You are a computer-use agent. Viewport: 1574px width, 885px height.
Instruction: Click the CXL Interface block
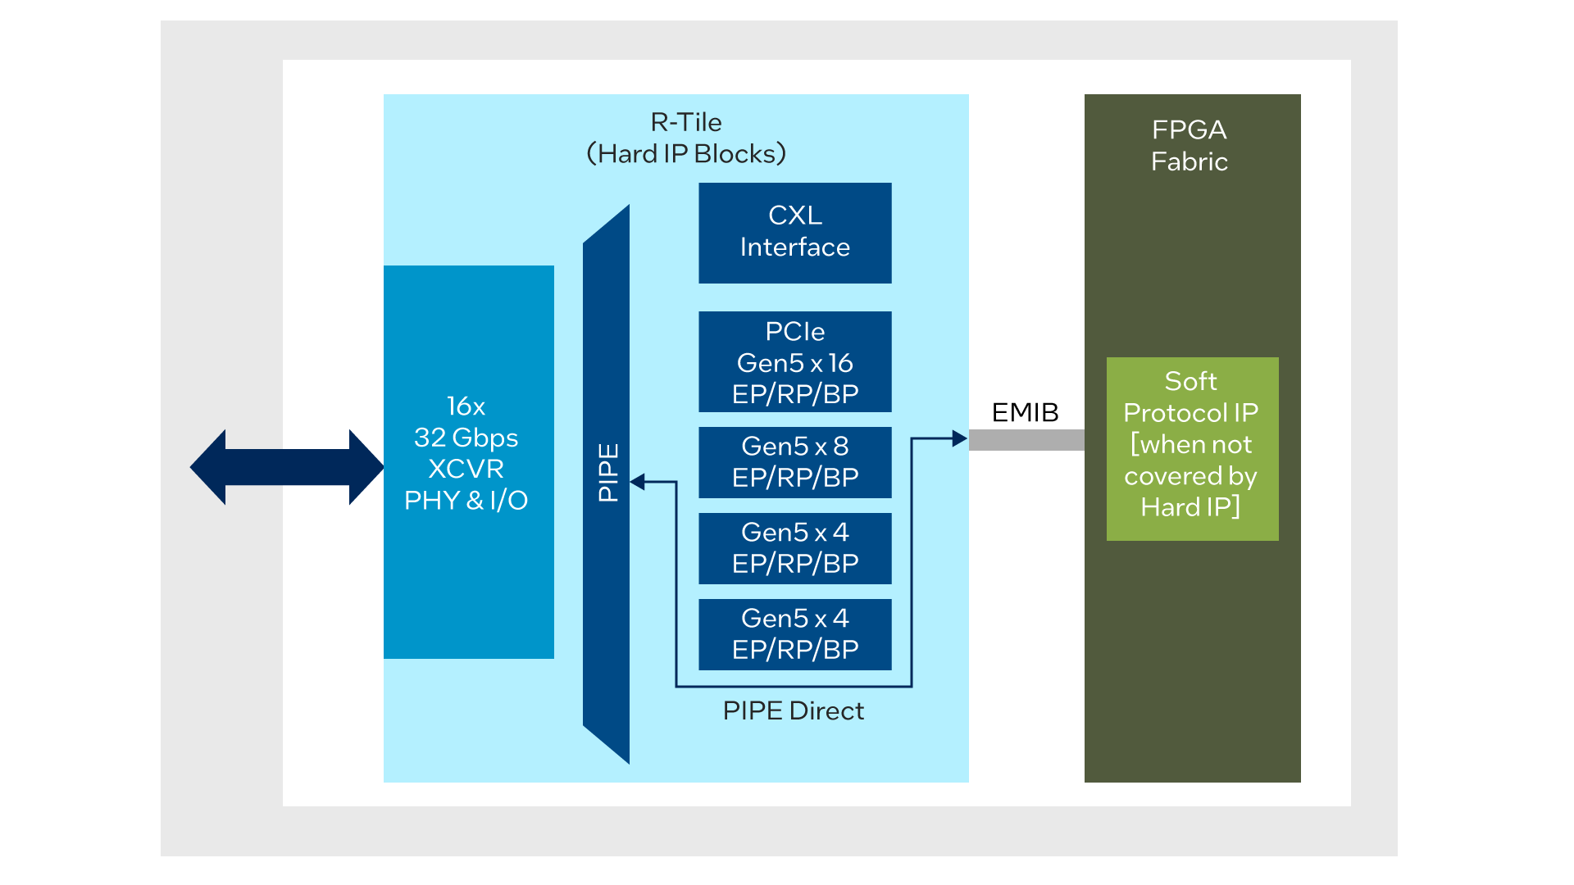(x=794, y=233)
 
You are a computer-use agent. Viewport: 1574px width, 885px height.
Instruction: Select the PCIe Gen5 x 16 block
(x=794, y=361)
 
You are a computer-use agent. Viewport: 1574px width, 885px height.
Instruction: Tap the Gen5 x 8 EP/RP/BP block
(x=794, y=462)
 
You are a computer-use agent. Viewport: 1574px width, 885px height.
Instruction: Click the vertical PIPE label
(x=607, y=473)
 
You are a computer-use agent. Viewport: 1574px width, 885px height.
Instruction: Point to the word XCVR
(x=466, y=469)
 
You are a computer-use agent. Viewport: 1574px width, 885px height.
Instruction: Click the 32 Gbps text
(x=466, y=438)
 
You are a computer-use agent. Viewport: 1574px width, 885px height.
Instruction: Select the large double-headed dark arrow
(x=287, y=467)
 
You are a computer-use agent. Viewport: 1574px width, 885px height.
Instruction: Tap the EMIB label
(x=1025, y=412)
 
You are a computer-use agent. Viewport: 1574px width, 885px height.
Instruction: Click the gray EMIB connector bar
(x=1026, y=440)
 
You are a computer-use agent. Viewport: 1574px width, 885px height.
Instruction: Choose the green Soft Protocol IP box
(x=1192, y=449)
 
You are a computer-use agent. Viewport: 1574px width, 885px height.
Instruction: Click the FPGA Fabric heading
(x=1189, y=145)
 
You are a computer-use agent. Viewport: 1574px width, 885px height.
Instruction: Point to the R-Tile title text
(x=686, y=122)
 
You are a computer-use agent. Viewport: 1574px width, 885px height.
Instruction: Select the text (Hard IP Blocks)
(x=686, y=154)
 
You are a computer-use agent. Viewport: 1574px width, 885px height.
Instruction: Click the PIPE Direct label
(x=793, y=710)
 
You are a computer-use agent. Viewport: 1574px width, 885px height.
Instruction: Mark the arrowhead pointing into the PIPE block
(x=638, y=482)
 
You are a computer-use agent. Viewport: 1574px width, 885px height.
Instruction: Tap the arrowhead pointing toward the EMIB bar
(x=959, y=438)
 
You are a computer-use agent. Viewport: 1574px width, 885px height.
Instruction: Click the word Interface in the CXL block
(x=794, y=247)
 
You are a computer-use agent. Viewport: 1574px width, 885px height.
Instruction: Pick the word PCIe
(x=794, y=331)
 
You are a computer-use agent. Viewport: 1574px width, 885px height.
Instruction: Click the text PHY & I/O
(x=466, y=500)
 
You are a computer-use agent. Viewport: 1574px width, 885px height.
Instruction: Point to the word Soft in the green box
(x=1190, y=381)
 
